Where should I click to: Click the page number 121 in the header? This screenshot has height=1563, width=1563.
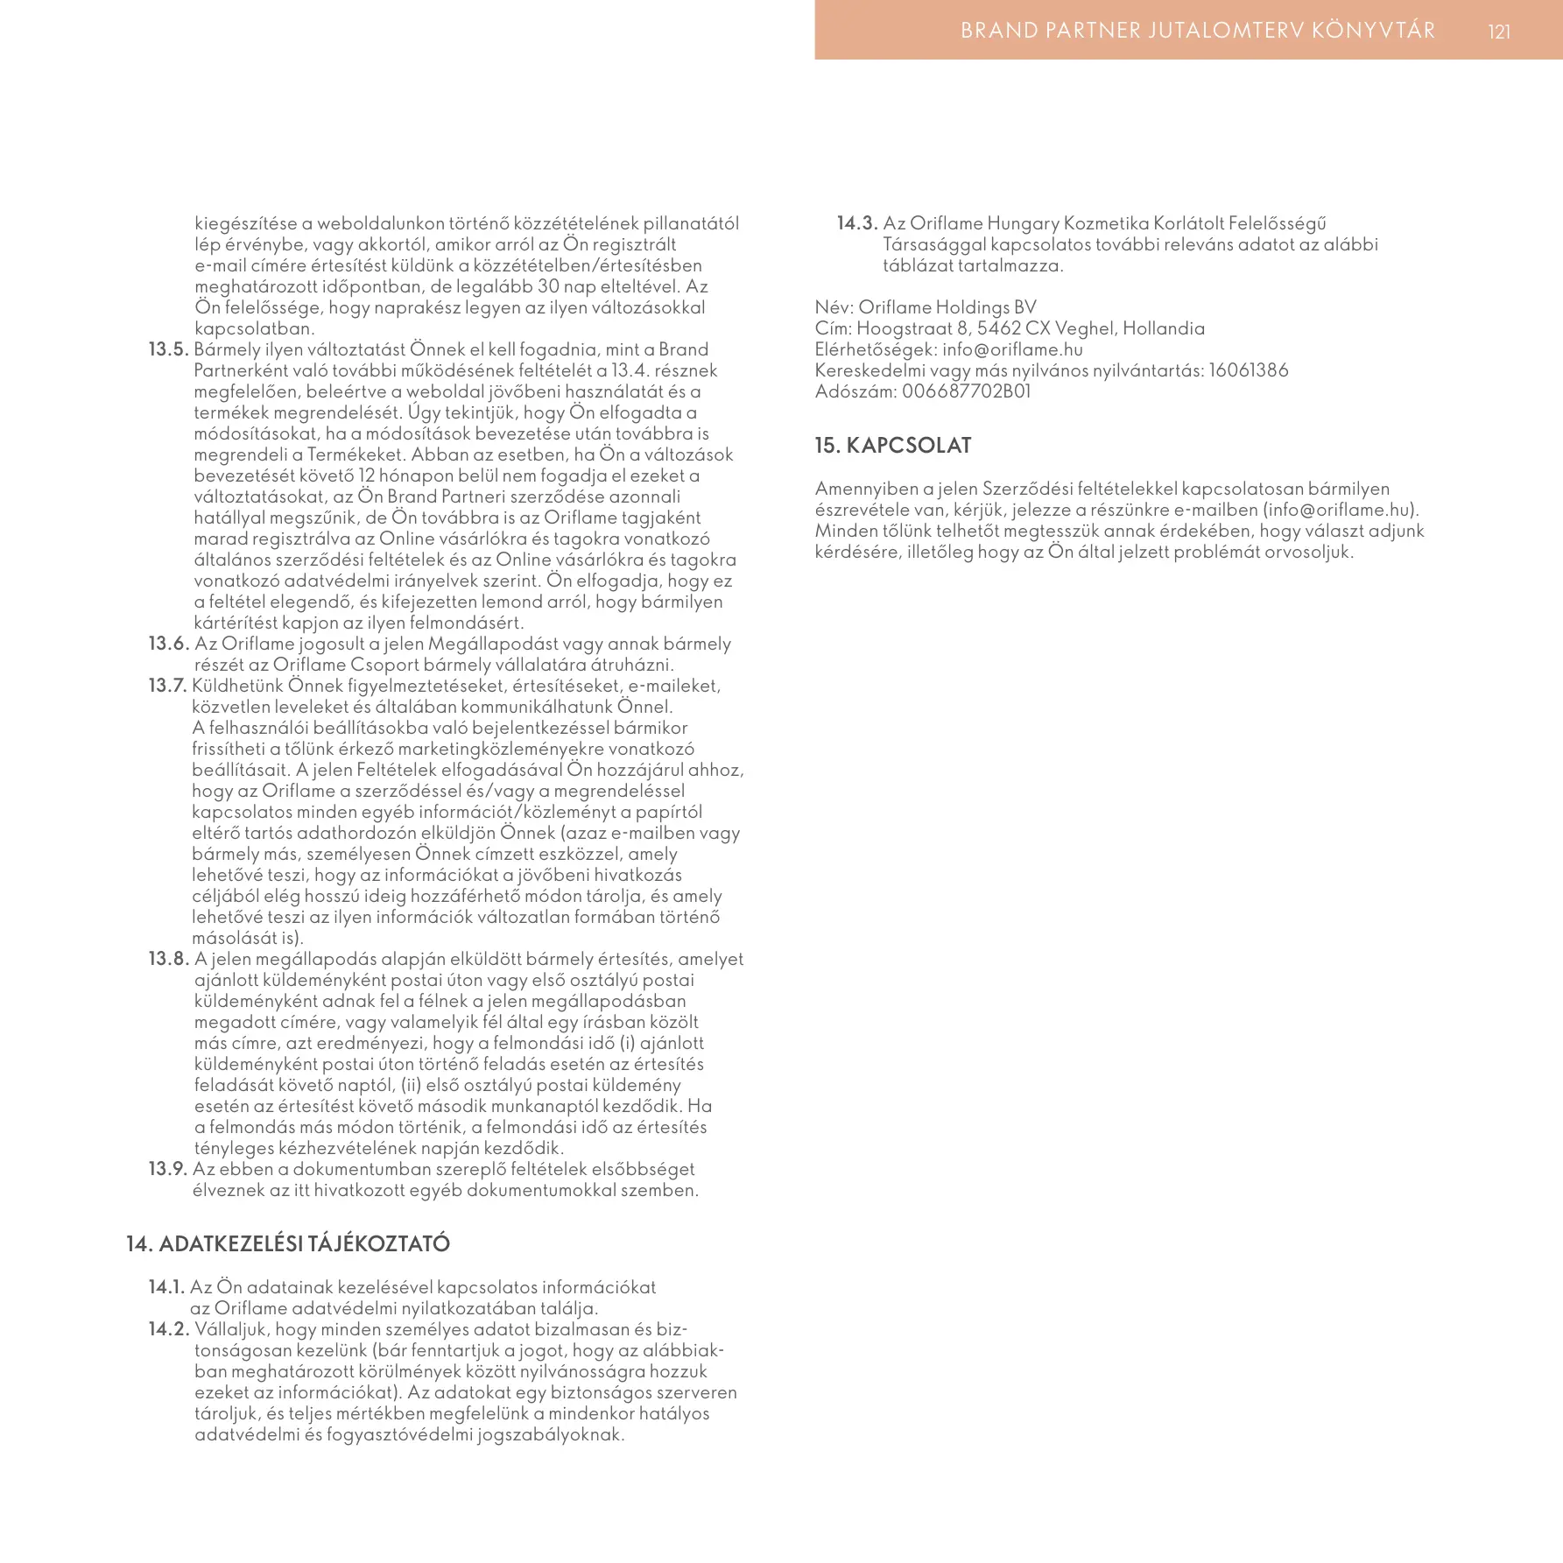coord(1499,32)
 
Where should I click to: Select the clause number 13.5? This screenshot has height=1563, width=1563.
coord(168,349)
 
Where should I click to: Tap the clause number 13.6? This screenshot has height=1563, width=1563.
coord(168,644)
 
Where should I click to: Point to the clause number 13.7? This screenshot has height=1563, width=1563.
coord(168,686)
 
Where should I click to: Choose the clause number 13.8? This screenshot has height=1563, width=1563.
coord(168,959)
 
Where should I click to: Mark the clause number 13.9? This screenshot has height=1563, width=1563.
coord(168,1169)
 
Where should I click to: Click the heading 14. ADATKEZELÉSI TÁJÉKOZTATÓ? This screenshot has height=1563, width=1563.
coord(288,1243)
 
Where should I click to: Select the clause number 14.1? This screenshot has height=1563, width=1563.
coord(166,1287)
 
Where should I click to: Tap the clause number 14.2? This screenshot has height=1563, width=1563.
coord(168,1329)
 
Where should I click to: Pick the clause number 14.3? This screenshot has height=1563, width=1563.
coord(857,223)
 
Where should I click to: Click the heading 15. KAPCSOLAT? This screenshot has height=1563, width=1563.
coord(893,445)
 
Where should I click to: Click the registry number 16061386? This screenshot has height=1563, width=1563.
coord(1249,370)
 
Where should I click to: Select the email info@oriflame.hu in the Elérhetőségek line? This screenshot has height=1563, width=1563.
coord(1013,349)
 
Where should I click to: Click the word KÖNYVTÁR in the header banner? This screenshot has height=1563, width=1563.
coord(1374,31)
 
